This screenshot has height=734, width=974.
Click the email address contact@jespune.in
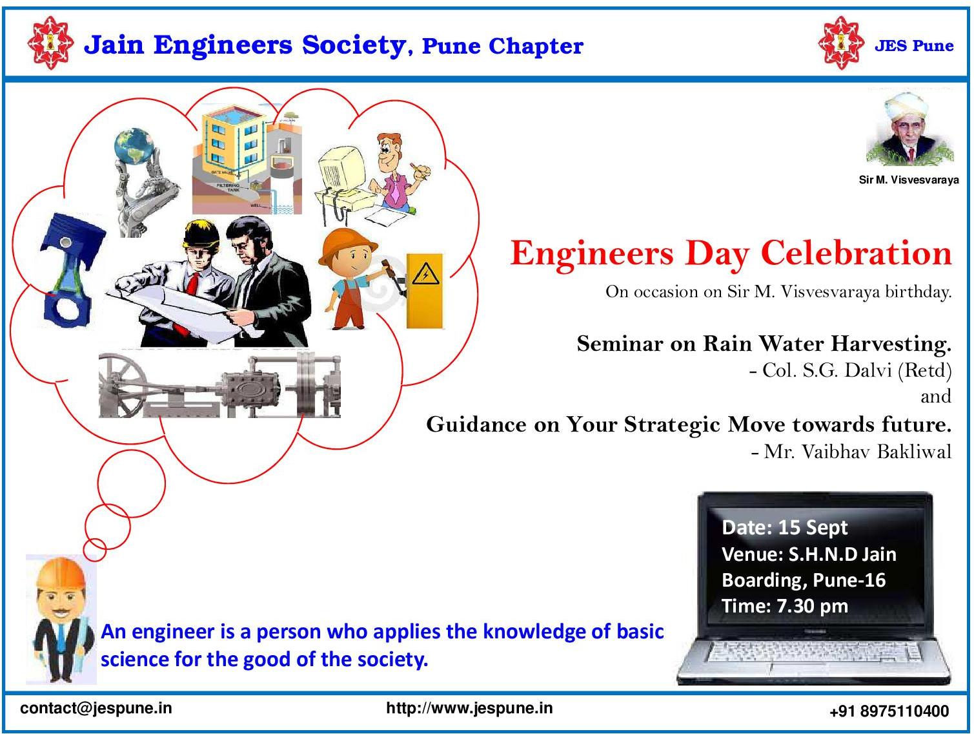tap(96, 708)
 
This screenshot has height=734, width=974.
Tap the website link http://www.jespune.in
tap(469, 708)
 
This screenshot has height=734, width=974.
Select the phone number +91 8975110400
tap(889, 711)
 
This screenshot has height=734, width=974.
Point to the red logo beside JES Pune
tap(841, 43)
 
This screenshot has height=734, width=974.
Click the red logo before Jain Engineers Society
tap(50, 43)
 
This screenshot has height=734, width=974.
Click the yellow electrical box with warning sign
tap(424, 291)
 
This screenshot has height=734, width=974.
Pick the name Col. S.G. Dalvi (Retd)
tap(850, 370)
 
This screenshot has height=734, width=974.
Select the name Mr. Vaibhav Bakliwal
tap(851, 452)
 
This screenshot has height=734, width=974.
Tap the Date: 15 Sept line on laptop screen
tap(784, 527)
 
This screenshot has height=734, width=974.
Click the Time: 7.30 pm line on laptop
tap(784, 606)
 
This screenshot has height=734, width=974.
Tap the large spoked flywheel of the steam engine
tap(123, 384)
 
